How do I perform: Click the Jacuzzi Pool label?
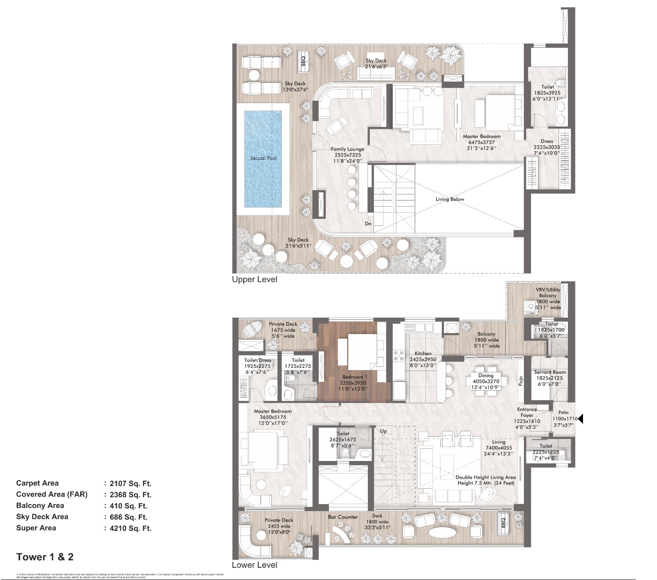pos(263,158)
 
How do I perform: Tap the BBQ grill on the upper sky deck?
pos(303,61)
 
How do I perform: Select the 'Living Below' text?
pos(449,199)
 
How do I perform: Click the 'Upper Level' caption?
pos(254,280)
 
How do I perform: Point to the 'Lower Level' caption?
pos(254,565)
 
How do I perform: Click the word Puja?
pos(521,381)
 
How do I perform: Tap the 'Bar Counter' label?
pos(343,517)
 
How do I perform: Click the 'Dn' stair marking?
pos(368,224)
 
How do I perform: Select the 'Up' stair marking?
pos(383,431)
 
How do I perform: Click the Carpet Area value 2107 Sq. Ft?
pos(130,483)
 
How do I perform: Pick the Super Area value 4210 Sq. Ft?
pos(130,528)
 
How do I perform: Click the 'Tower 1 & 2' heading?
pos(45,557)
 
